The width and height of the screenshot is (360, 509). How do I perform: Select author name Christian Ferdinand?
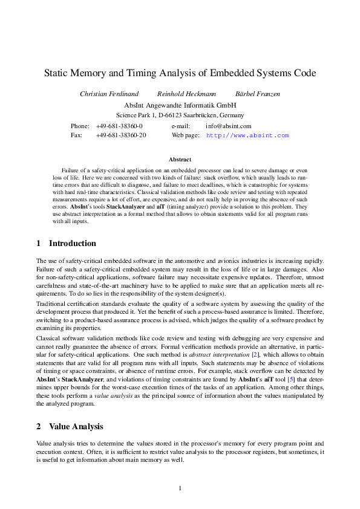[x=109, y=94]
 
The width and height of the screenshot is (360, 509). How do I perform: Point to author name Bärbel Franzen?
[x=257, y=94]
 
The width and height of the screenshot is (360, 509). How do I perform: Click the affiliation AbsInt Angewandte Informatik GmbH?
[x=180, y=105]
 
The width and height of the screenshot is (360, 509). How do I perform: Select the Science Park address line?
[x=180, y=115]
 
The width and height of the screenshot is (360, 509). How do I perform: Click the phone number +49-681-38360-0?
[x=119, y=126]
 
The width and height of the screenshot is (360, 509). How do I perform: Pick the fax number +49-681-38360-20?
[x=121, y=135]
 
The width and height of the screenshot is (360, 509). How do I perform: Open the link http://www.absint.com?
[x=247, y=136]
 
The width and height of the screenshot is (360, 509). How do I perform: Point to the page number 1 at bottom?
[x=180, y=488]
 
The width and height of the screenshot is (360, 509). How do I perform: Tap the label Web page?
[x=185, y=135]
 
